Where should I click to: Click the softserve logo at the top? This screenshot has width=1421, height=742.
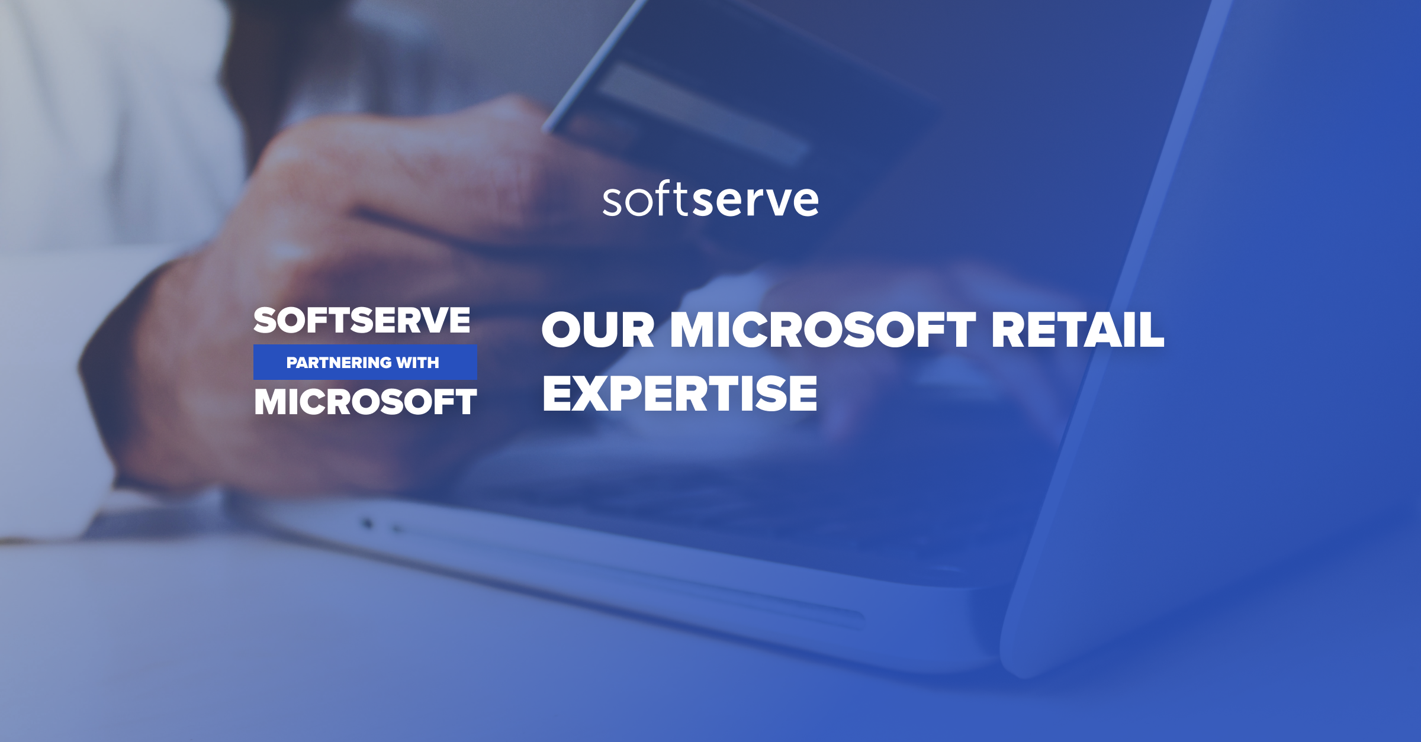pyautogui.click(x=710, y=200)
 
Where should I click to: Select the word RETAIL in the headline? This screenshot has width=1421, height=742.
pyautogui.click(x=1077, y=330)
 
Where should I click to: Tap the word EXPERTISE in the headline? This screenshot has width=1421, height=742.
pyautogui.click(x=680, y=393)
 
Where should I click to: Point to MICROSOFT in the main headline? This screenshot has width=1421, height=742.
pyautogui.click(x=823, y=330)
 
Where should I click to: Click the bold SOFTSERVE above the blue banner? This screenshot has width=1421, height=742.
pyautogui.click(x=362, y=320)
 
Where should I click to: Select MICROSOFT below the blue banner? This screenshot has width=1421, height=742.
pyautogui.click(x=365, y=402)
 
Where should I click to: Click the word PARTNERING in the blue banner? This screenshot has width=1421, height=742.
pyautogui.click(x=335, y=363)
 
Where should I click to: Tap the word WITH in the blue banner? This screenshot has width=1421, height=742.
pyautogui.click(x=417, y=363)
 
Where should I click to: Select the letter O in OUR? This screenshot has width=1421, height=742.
pyautogui.click(x=562, y=330)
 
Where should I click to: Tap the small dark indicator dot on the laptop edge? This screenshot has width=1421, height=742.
pyautogui.click(x=368, y=523)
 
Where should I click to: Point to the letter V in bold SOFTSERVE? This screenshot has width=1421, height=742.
pyautogui.click(x=435, y=320)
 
